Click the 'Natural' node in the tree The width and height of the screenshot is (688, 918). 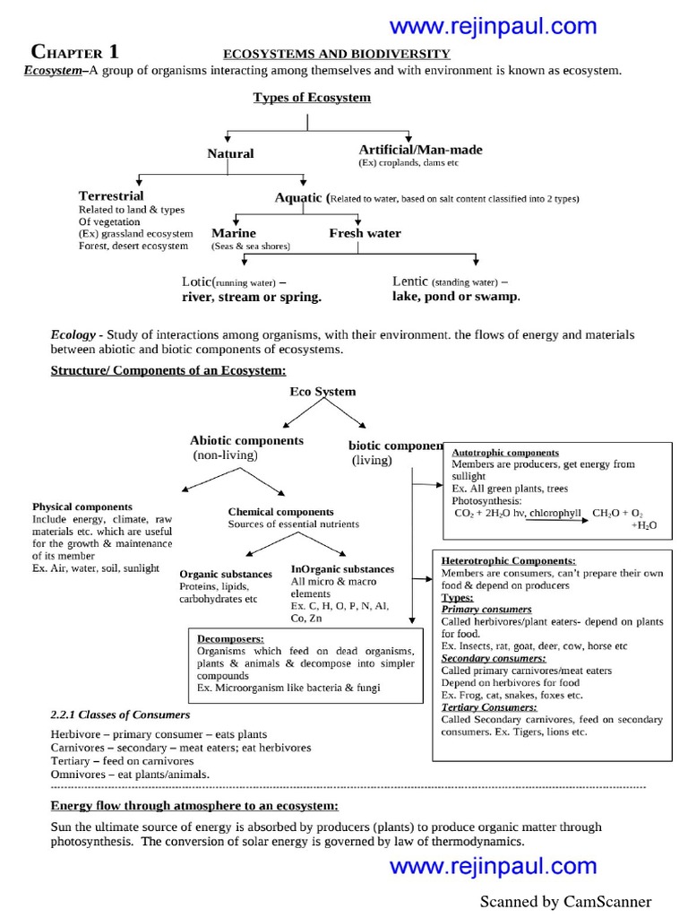tap(230, 153)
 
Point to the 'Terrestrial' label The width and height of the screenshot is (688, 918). tap(111, 195)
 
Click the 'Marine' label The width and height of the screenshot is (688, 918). tap(234, 233)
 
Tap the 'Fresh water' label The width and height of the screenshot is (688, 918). tap(365, 233)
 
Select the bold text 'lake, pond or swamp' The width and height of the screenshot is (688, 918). tap(456, 296)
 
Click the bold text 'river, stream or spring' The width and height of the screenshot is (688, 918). tap(251, 296)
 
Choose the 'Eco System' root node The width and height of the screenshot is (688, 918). tap(322, 392)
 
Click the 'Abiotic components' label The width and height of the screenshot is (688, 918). tap(246, 440)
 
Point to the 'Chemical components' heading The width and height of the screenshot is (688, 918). tap(280, 512)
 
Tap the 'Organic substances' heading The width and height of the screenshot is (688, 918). tap(226, 574)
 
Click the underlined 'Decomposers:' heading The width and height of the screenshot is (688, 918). tap(230, 638)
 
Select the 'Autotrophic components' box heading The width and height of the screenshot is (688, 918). tap(505, 453)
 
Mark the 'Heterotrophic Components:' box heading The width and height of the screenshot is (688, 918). tap(509, 559)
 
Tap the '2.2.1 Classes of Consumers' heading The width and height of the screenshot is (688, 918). tap(120, 714)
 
